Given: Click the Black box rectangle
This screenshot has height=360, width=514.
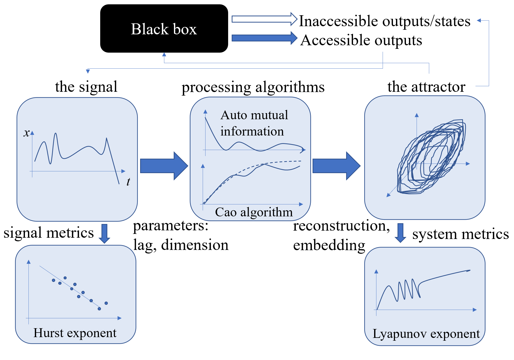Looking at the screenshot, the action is (164, 28).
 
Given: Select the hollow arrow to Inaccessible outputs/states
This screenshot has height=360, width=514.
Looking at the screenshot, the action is (265, 19).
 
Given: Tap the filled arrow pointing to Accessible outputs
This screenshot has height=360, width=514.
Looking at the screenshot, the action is (265, 38).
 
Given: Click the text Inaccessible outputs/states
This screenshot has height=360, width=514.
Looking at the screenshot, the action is (385, 21).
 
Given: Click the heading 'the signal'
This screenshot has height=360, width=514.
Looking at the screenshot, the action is (86, 87).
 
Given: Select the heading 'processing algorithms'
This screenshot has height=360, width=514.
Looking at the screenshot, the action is (253, 87).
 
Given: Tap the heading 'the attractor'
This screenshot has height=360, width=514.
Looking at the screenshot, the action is (427, 87).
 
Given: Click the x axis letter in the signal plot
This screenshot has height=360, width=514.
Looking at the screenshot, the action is (26, 133).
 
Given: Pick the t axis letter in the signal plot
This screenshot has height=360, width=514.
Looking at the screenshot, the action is (128, 182).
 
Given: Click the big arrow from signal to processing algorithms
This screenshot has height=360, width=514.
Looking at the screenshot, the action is (164, 166).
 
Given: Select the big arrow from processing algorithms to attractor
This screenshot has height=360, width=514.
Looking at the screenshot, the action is (336, 166).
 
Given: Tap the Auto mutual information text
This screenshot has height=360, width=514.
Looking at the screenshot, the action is (254, 123).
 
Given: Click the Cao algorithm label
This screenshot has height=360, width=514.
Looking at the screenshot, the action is (254, 212).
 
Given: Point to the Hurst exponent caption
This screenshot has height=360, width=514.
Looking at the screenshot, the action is (75, 333).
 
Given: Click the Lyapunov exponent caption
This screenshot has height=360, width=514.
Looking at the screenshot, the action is (426, 334).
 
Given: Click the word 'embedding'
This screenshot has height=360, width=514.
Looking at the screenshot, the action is (329, 246).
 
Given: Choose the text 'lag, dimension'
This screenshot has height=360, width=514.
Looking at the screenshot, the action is (181, 245).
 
